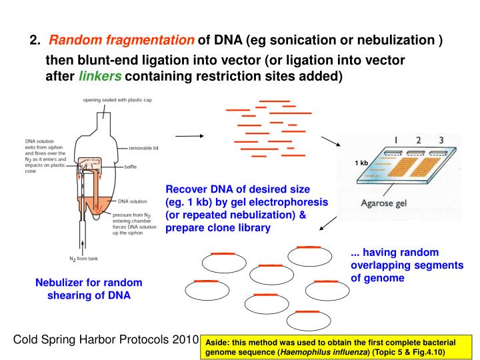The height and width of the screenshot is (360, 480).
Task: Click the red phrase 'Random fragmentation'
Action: pos(122,41)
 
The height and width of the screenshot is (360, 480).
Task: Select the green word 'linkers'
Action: pos(100,76)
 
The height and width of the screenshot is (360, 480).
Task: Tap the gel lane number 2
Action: pos(418,141)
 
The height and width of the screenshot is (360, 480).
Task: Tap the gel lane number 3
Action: pos(441,141)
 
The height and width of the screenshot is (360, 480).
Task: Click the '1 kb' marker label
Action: pos(362,163)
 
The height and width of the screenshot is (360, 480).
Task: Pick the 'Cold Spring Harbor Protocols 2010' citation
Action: pos(106,340)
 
